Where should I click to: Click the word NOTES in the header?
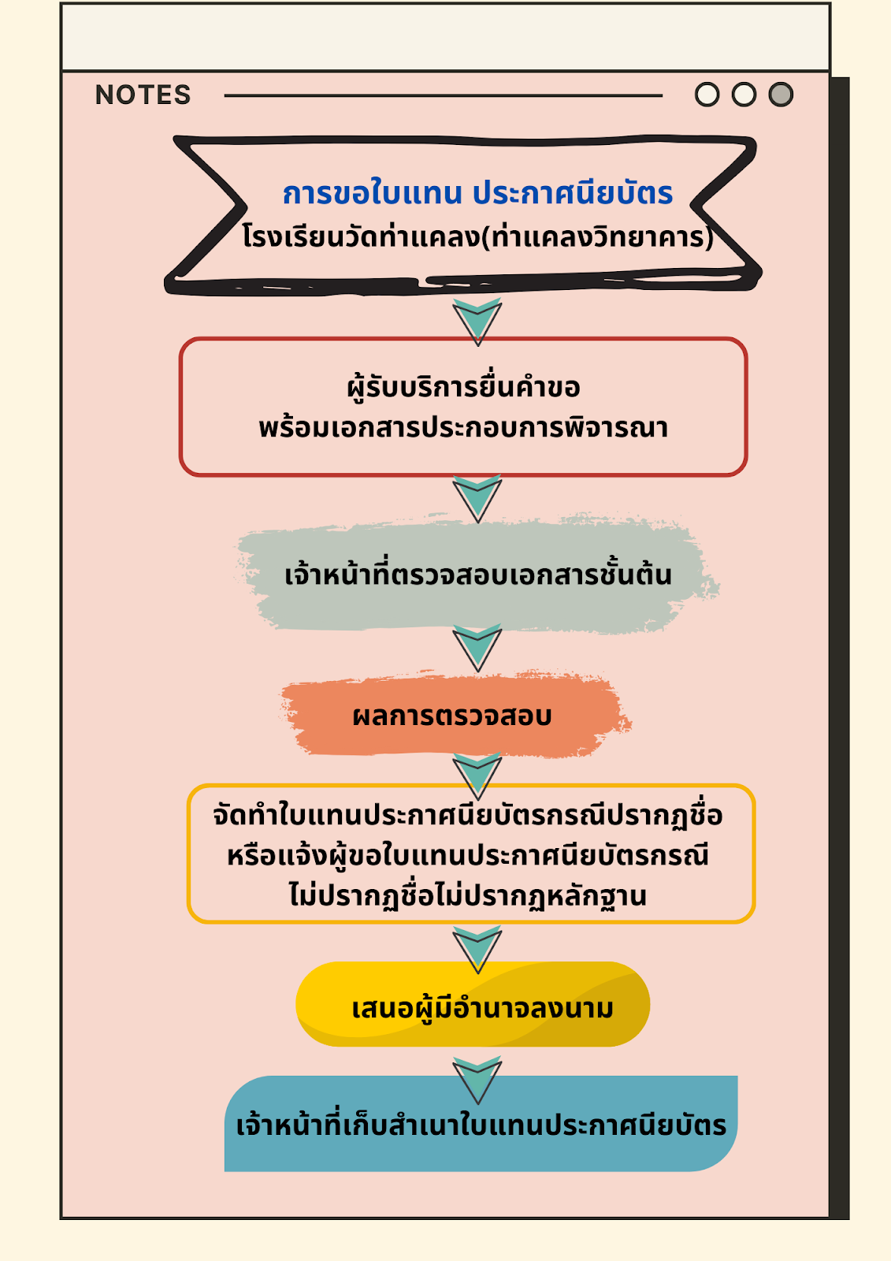coord(143,95)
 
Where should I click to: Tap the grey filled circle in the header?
coord(781,95)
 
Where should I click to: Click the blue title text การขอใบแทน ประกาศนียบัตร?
coord(477,193)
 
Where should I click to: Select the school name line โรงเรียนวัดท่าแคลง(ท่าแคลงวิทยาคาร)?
coord(477,236)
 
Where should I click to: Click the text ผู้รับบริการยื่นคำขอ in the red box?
coord(463,388)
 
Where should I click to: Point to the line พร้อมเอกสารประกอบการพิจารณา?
coord(463,428)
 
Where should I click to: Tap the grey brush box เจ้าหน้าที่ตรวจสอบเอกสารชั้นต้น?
coord(477,575)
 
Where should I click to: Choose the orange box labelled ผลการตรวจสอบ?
coord(452,716)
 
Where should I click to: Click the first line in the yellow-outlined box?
coord(468,814)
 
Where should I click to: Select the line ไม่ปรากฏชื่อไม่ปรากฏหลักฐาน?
coord(468,896)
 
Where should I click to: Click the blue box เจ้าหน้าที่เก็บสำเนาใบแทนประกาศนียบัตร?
coord(481,1125)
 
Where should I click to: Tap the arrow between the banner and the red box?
coord(477,322)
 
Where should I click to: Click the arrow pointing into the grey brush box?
coord(477,498)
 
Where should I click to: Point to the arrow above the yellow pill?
coord(477,949)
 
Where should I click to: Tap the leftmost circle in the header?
coord(707,95)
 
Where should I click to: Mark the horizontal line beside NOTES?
coord(443,95)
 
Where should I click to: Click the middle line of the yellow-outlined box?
coord(468,855)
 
